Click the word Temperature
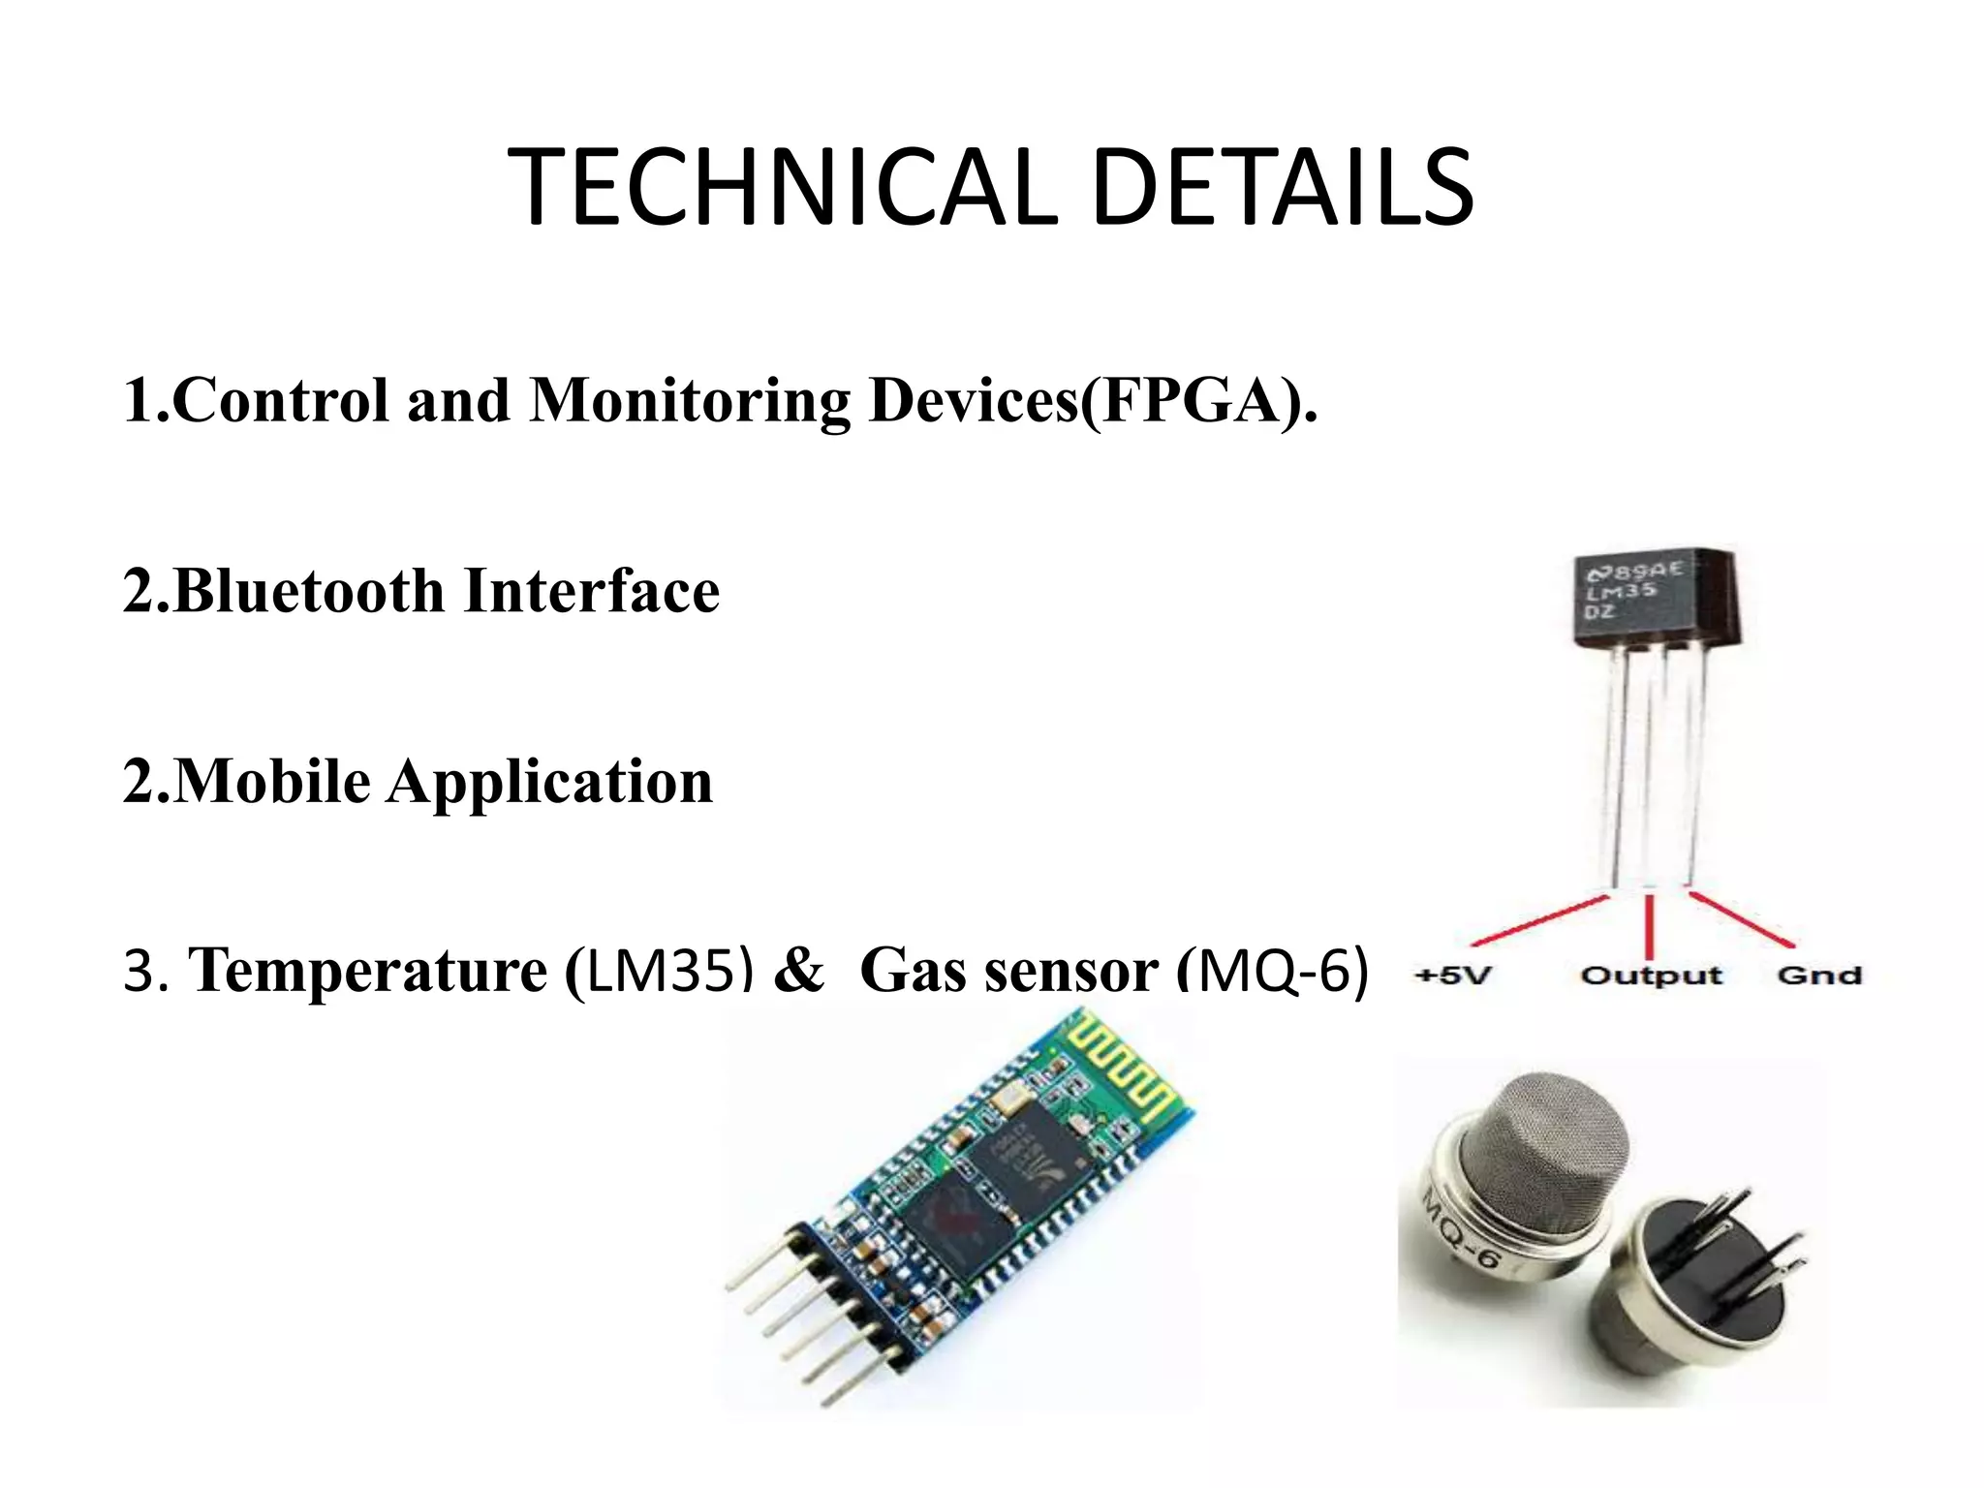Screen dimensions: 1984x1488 [x=368, y=970]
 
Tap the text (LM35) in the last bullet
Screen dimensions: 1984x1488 [x=659, y=970]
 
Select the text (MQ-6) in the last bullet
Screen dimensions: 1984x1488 [x=1272, y=970]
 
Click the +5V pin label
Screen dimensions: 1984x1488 [x=1452, y=975]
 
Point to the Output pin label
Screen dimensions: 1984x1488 [x=1651, y=976]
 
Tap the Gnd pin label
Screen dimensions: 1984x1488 [x=1819, y=975]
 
